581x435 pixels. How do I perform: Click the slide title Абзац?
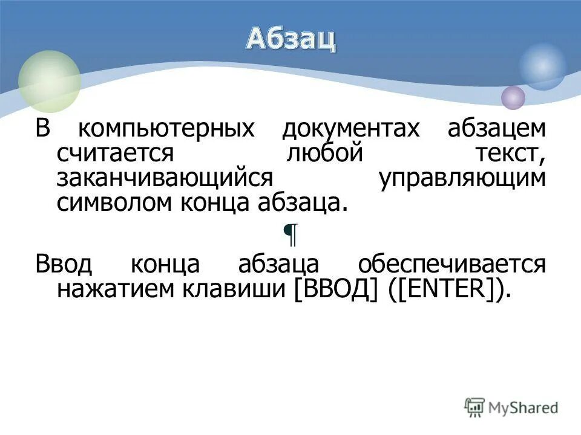tap(290, 39)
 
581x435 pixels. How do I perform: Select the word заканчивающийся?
tap(163, 179)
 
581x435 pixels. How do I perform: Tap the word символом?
tap(116, 203)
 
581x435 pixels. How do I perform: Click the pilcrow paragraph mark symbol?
tap(291, 234)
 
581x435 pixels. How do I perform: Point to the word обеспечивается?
tap(451, 265)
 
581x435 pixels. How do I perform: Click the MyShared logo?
tap(511, 408)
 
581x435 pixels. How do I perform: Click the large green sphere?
tap(50, 82)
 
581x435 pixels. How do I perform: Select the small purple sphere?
tap(513, 97)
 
